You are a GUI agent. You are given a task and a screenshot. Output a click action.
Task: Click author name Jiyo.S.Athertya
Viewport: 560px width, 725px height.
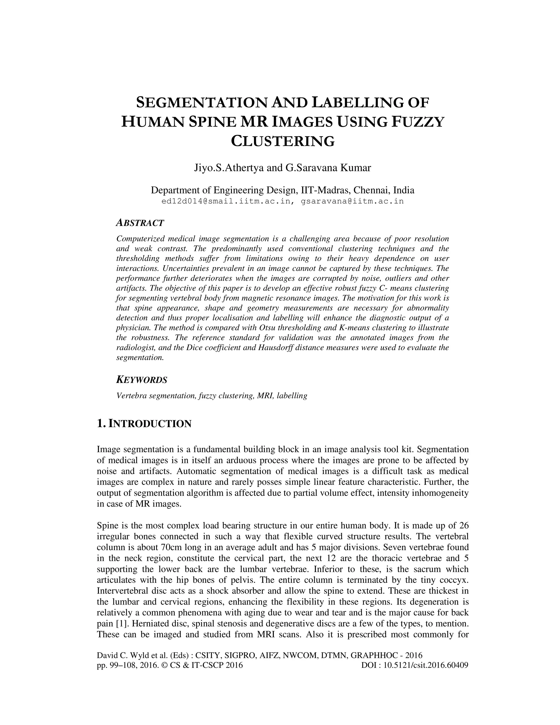(x=229, y=168)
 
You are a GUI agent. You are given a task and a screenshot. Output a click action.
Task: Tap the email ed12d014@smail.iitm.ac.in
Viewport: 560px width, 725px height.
(x=226, y=201)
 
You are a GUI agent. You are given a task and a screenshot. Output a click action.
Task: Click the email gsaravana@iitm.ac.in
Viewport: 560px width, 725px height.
(x=352, y=201)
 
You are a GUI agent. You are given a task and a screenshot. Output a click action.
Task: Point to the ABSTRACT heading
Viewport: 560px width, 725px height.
(x=140, y=223)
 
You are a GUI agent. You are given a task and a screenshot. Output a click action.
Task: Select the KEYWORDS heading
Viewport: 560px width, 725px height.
(x=142, y=380)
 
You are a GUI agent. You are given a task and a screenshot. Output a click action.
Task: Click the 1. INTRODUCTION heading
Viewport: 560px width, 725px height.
(x=144, y=424)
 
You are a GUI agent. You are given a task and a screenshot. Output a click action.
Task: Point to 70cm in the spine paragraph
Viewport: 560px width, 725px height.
(x=171, y=547)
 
